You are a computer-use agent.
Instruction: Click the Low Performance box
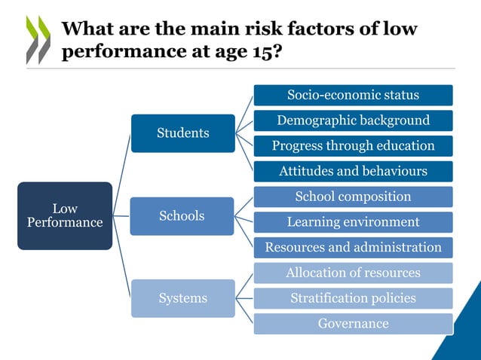click(65, 215)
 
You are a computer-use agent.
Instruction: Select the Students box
click(183, 133)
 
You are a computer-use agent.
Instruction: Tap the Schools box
click(182, 216)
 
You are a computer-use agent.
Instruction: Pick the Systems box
click(182, 298)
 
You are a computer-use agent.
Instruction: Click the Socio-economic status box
click(353, 95)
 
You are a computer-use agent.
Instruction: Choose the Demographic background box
click(353, 121)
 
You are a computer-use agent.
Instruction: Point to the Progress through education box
click(353, 145)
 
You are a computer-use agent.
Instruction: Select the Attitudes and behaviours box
click(353, 171)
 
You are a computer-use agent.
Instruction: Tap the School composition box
click(353, 197)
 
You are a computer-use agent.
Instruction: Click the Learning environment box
click(353, 222)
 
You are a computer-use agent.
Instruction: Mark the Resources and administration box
click(353, 248)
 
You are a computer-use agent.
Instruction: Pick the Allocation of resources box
click(353, 273)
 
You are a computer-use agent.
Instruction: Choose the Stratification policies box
click(353, 298)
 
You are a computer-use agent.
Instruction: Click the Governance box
click(353, 324)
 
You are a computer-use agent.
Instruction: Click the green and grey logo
click(38, 39)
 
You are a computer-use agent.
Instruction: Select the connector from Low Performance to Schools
click(121, 216)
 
